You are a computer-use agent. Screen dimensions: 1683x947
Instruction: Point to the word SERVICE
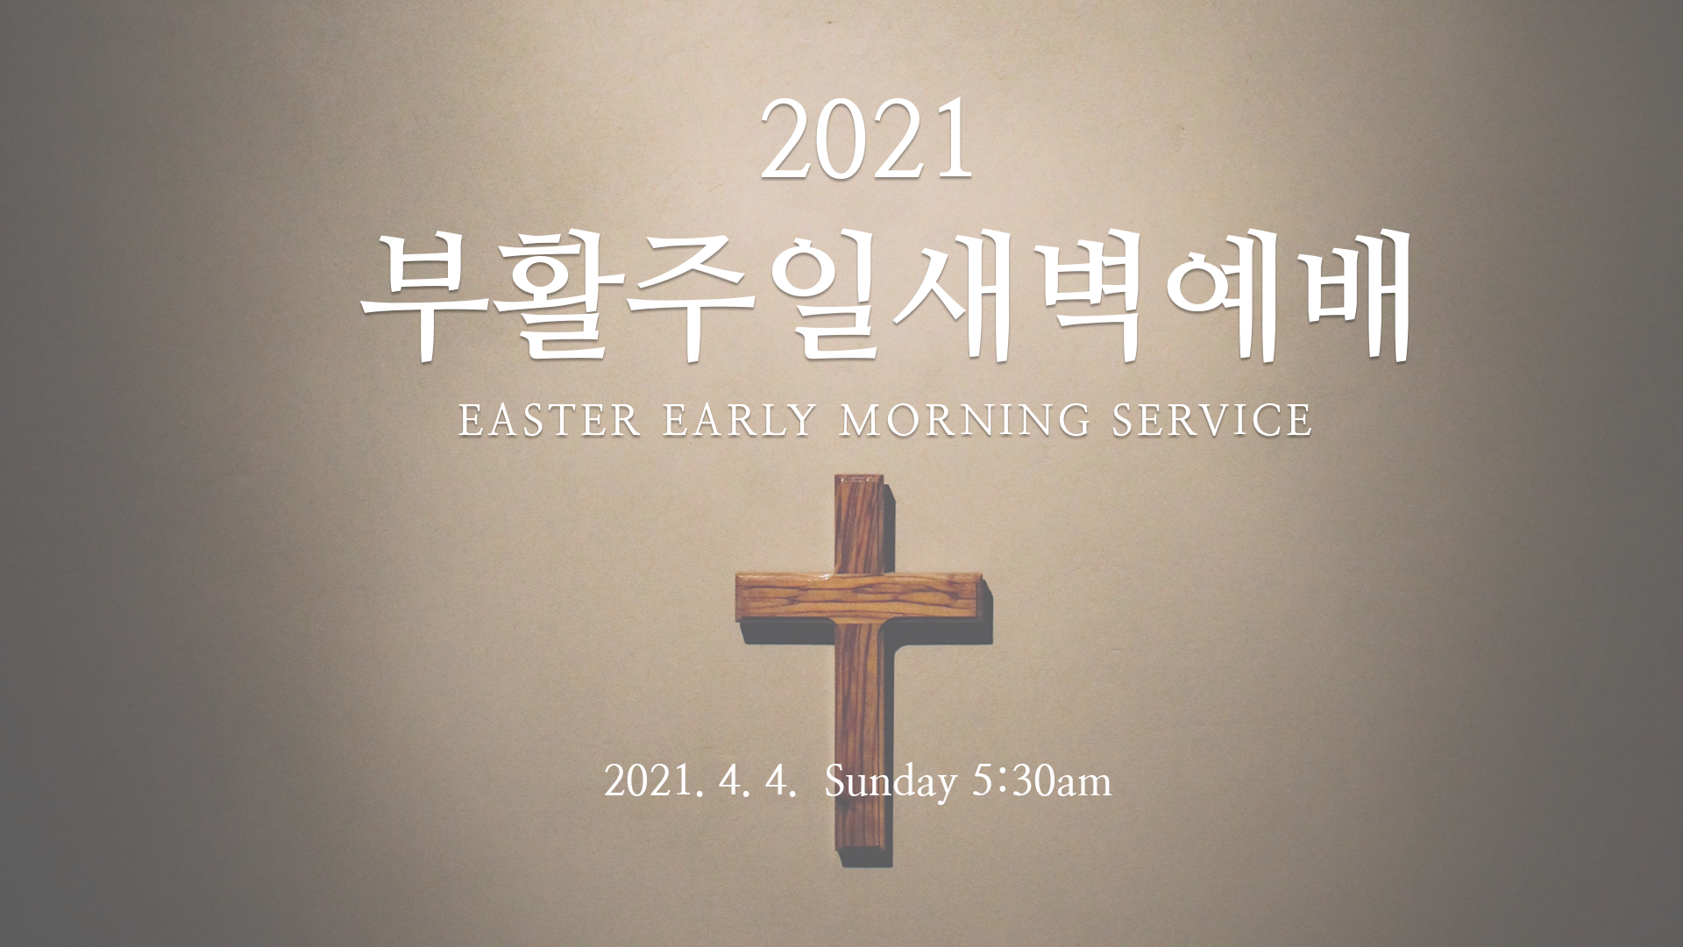1212,420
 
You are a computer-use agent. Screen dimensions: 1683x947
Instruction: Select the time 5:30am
1041,780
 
